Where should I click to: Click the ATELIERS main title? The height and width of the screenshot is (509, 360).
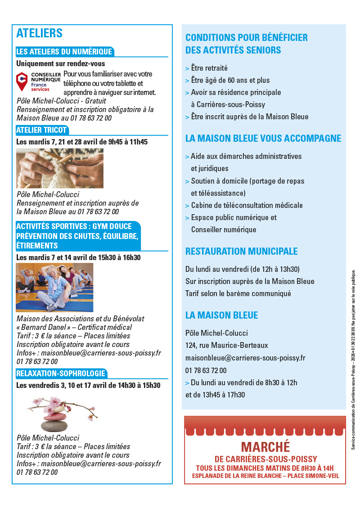pos(39,33)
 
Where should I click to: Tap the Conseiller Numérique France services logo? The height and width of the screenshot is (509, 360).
pos(38,82)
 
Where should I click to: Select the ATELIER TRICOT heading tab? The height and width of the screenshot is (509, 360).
pos(41,131)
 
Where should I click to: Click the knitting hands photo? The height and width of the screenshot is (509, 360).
pos(60,168)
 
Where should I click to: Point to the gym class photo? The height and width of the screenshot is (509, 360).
pos(54,287)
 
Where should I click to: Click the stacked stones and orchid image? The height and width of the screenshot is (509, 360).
pos(63,413)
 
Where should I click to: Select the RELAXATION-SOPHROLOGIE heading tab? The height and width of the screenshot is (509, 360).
pos(61,374)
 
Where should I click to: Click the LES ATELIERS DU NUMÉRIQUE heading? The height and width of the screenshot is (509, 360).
pos(64,52)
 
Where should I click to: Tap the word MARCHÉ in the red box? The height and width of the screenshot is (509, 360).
pos(265,447)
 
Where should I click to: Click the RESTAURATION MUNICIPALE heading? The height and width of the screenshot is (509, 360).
pos(241,251)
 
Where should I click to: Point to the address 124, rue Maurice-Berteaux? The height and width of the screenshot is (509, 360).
pos(226,345)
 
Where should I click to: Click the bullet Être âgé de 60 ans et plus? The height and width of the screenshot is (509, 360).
pos(230,81)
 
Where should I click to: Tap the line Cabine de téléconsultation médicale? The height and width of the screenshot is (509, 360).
pos(247,205)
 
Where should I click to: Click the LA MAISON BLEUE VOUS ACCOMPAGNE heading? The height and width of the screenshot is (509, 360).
pos(263,139)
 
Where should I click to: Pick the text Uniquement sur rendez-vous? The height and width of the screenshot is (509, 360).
pos(60,64)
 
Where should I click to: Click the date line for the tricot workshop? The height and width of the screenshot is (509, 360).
pos(82,142)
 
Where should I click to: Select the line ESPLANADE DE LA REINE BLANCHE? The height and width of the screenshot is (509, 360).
pos(265,476)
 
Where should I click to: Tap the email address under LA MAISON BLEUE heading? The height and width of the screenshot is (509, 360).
pos(245,358)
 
